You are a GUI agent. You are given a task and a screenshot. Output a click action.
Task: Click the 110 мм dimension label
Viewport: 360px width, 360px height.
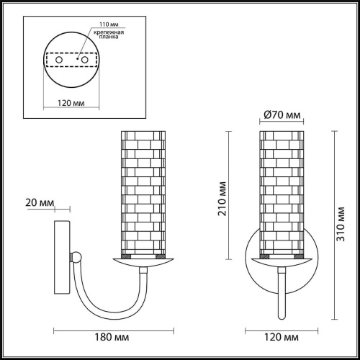[109, 24]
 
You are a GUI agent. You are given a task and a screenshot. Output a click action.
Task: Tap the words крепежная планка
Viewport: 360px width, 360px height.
[109, 35]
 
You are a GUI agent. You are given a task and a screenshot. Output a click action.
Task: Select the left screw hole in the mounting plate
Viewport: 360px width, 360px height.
[59, 60]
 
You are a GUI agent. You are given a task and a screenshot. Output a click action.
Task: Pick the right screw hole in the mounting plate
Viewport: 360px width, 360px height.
[85, 60]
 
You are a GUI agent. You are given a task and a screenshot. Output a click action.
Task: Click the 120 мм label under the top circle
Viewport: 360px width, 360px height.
[71, 103]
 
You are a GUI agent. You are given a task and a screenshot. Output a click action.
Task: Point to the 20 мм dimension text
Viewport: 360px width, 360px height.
[40, 203]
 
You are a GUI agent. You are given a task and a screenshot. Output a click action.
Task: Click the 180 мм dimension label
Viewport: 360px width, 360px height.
[112, 337]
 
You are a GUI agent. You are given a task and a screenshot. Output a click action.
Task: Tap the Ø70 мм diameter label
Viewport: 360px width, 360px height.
[282, 115]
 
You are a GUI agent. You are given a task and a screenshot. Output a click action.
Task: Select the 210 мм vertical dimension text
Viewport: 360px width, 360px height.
[222, 199]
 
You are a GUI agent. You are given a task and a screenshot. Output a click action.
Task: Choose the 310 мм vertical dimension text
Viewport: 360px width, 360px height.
[341, 224]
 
